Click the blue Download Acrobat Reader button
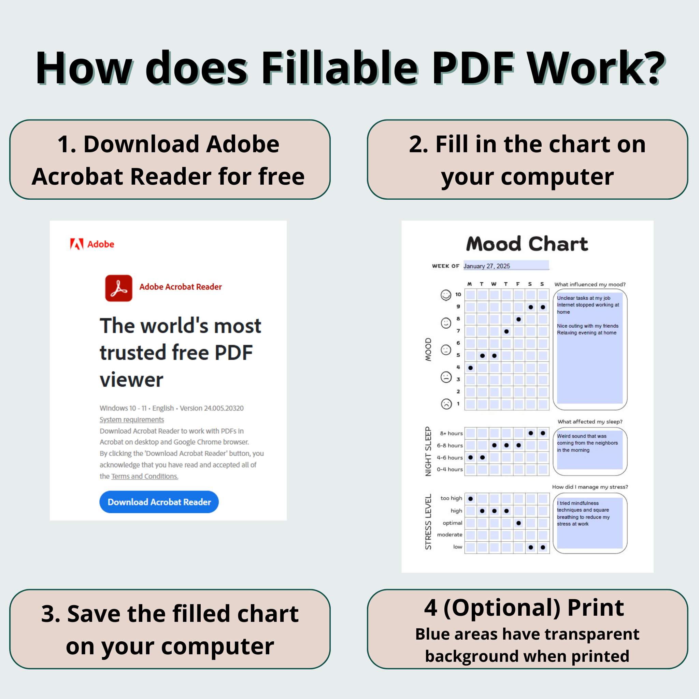[159, 502]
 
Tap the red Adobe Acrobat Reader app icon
[119, 288]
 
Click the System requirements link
[132, 419]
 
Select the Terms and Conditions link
[145, 476]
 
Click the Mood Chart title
[527, 244]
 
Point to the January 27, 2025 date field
[506, 266]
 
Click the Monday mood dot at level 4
[470, 368]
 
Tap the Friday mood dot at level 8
[519, 319]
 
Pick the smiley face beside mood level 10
[446, 295]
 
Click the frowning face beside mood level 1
[446, 404]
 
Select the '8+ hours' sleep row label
[451, 433]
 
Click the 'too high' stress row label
[451, 498]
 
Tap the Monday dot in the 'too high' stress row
[470, 499]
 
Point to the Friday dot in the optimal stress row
[519, 523]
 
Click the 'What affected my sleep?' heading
[590, 422]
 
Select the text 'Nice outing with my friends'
[588, 326]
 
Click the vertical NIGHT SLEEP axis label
[428, 451]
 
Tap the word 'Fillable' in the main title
[339, 68]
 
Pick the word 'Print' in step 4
[596, 608]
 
